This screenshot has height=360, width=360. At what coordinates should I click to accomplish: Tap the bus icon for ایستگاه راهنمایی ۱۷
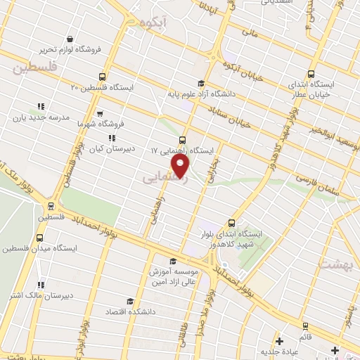(183, 139)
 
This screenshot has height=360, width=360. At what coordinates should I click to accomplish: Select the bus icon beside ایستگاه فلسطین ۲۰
(103, 77)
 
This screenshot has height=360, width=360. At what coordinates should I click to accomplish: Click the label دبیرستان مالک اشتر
(40, 294)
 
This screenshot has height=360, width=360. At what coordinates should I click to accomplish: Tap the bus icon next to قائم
(304, 326)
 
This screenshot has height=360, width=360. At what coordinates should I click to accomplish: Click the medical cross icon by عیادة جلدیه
(279, 341)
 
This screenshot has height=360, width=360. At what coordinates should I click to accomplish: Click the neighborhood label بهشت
(335, 264)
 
